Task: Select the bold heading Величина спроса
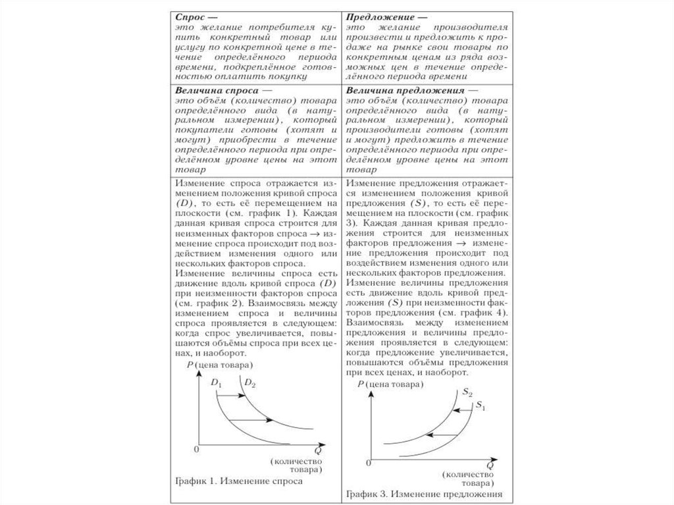[215, 90]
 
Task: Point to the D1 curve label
[217, 382]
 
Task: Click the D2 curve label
[249, 382]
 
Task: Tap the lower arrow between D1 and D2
[253, 419]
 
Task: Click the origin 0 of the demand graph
[195, 449]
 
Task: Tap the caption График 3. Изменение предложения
[424, 493]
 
